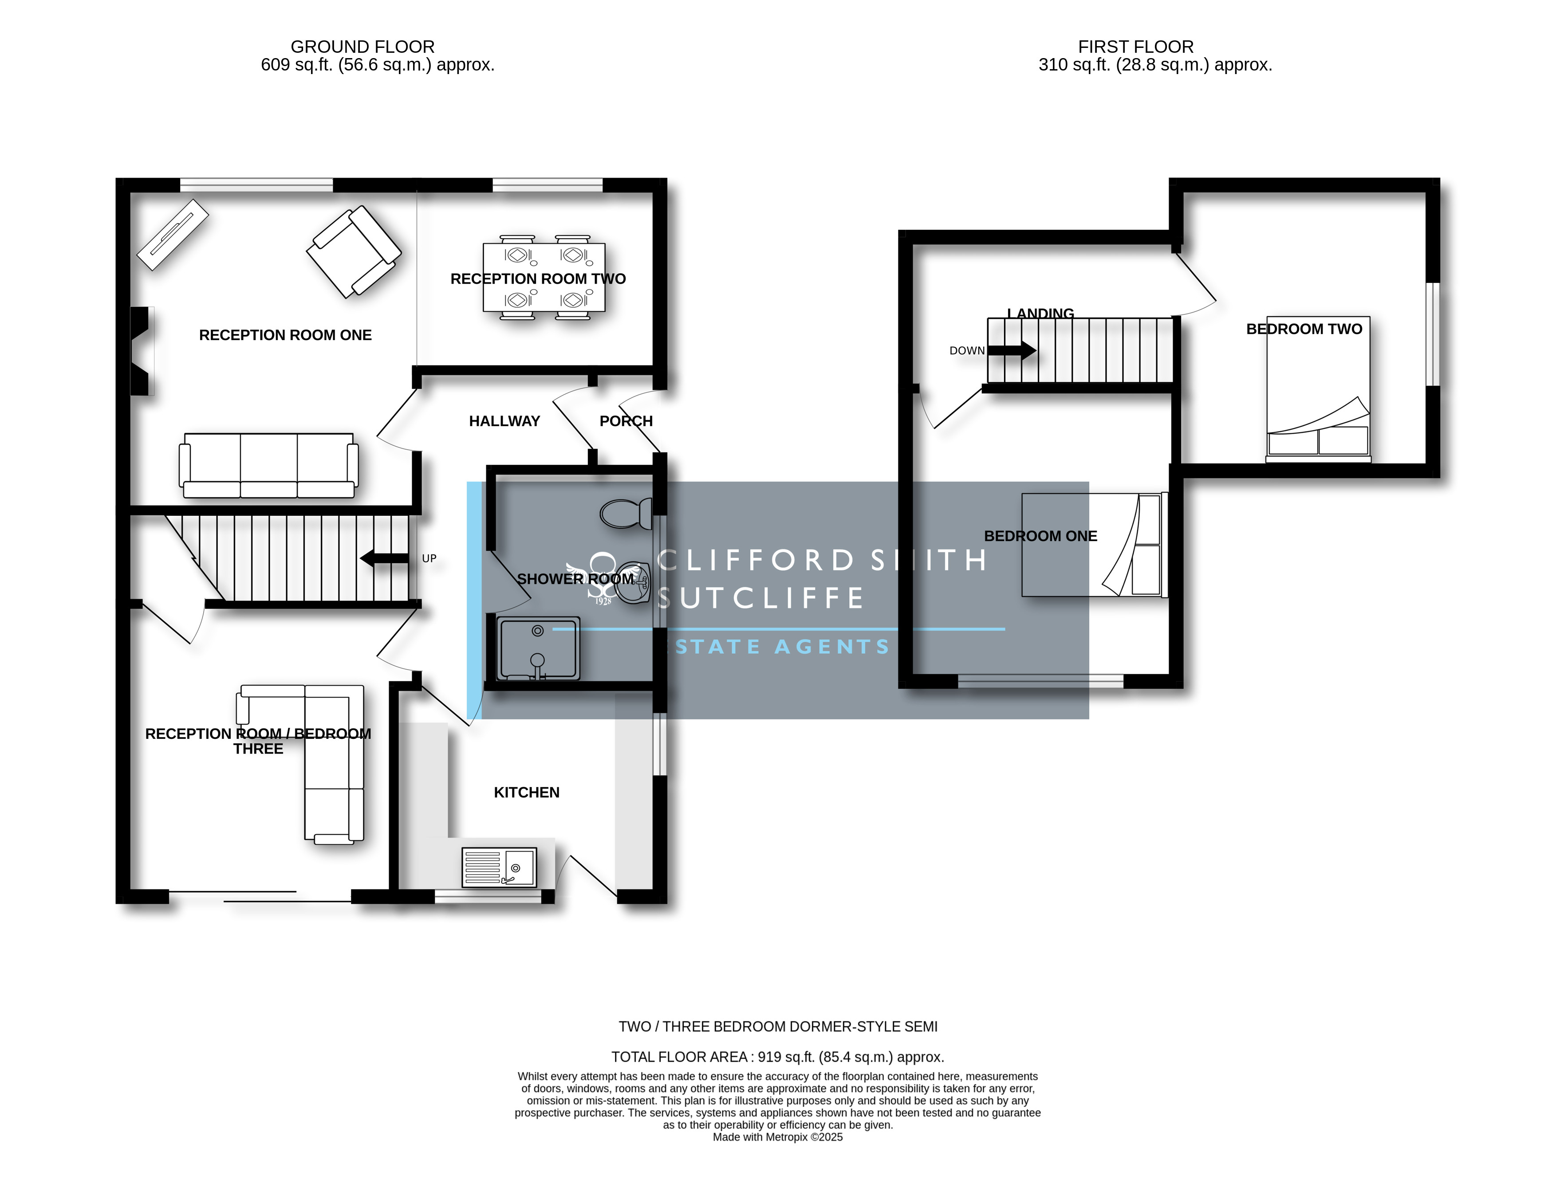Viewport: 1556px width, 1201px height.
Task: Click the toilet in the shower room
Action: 626,513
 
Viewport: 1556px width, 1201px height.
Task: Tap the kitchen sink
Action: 499,867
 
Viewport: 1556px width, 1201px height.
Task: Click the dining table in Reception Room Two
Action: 544,278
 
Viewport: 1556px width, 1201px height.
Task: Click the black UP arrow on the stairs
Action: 384,558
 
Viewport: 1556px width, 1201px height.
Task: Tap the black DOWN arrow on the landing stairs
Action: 1012,350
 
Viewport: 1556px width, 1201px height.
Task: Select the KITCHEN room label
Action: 527,793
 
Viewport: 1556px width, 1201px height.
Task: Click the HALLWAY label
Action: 504,421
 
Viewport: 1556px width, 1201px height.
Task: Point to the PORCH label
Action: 626,421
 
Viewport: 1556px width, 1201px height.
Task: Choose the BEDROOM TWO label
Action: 1304,329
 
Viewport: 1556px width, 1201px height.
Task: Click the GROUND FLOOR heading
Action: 362,47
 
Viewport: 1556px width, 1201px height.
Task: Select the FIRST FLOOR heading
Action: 1136,47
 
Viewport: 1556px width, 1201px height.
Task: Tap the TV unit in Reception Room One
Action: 173,234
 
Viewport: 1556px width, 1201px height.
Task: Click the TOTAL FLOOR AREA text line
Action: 777,1057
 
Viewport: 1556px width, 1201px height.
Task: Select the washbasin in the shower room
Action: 633,583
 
